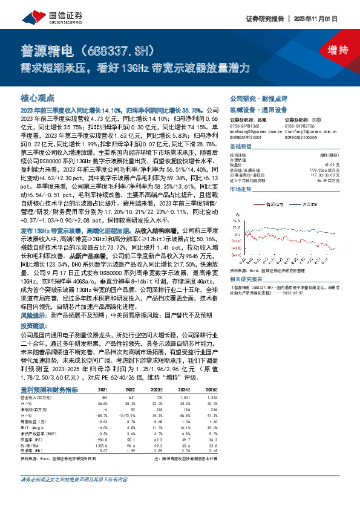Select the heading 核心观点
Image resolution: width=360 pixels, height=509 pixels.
pyautogui.click(x=38, y=97)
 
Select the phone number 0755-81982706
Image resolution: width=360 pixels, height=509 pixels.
pyautogui.click(x=302, y=125)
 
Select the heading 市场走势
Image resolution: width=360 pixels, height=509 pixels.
pyautogui.click(x=241, y=190)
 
